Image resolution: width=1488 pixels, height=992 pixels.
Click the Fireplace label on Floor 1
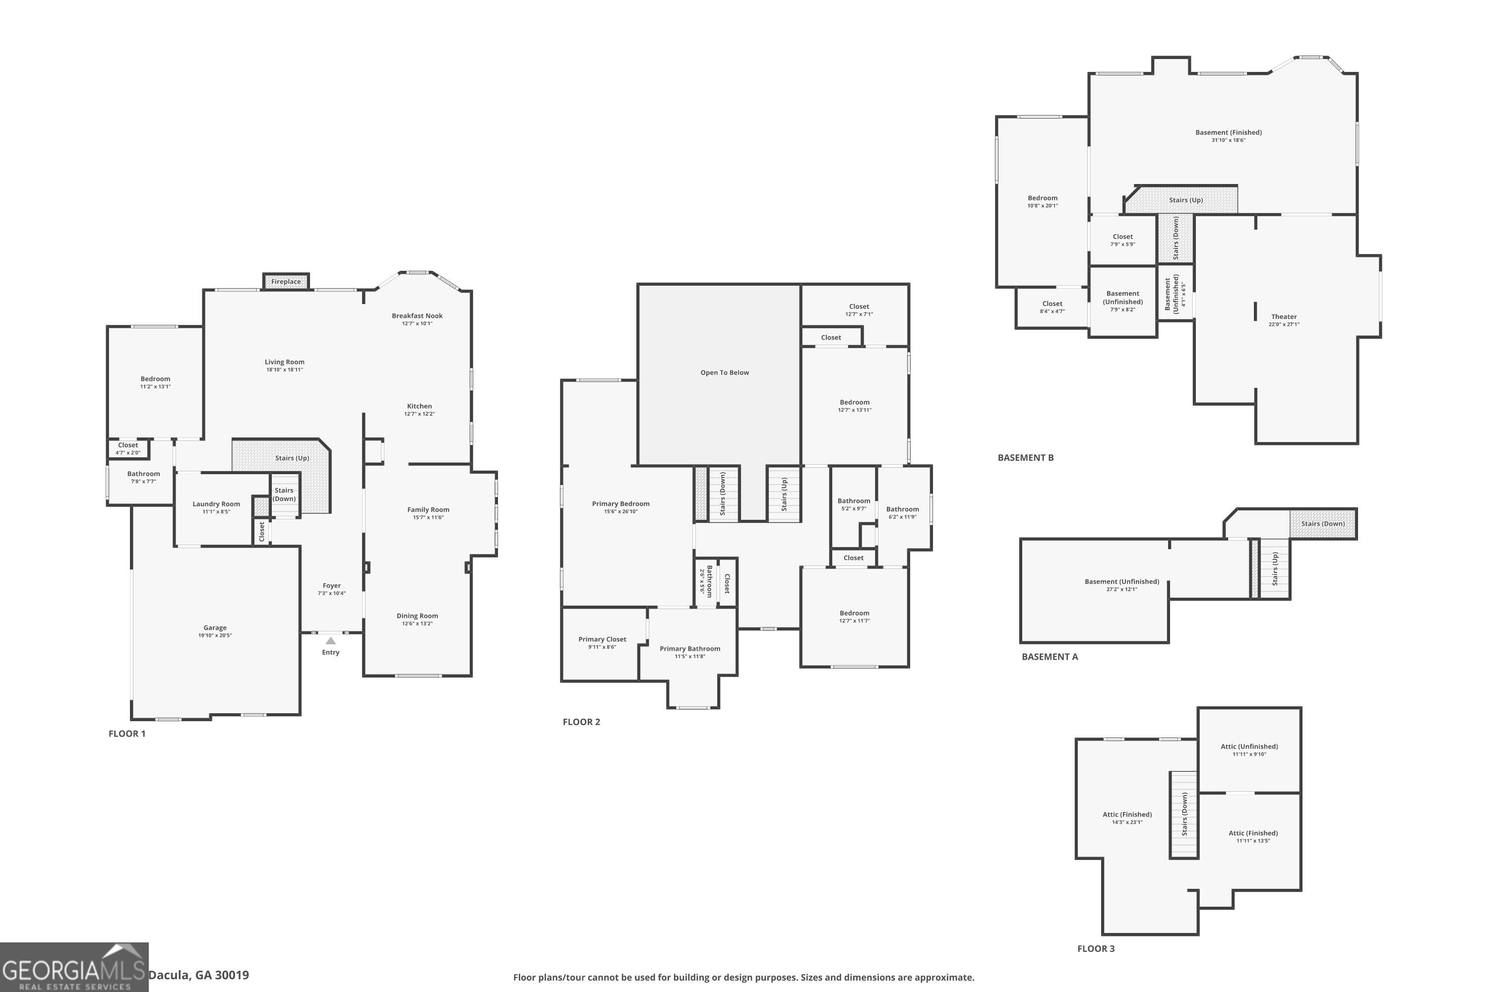[286, 282]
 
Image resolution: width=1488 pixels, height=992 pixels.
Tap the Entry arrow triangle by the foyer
[330, 641]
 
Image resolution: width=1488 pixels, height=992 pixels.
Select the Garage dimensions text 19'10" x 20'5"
[215, 635]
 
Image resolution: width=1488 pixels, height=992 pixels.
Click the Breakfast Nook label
[417, 315]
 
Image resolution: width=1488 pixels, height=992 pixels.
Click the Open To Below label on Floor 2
[724, 372]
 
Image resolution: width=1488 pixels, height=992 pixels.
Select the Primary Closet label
[602, 639]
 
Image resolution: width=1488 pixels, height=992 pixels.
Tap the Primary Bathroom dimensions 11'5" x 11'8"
[689, 656]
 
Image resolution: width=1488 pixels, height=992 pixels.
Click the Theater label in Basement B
[1284, 316]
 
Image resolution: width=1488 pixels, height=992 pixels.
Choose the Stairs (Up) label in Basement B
[1185, 200]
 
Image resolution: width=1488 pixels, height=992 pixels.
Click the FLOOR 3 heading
[1096, 948]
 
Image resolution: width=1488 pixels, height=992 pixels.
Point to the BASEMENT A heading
[1050, 657]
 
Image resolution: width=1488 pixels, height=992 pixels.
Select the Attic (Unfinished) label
[1249, 746]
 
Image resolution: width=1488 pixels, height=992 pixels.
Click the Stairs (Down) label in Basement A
[1323, 524]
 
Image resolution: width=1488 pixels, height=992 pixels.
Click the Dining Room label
[417, 616]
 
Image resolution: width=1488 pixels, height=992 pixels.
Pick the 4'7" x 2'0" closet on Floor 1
[128, 448]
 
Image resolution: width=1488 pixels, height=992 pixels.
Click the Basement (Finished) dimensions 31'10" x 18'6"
[1228, 140]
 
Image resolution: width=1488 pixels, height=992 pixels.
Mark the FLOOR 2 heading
[581, 722]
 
